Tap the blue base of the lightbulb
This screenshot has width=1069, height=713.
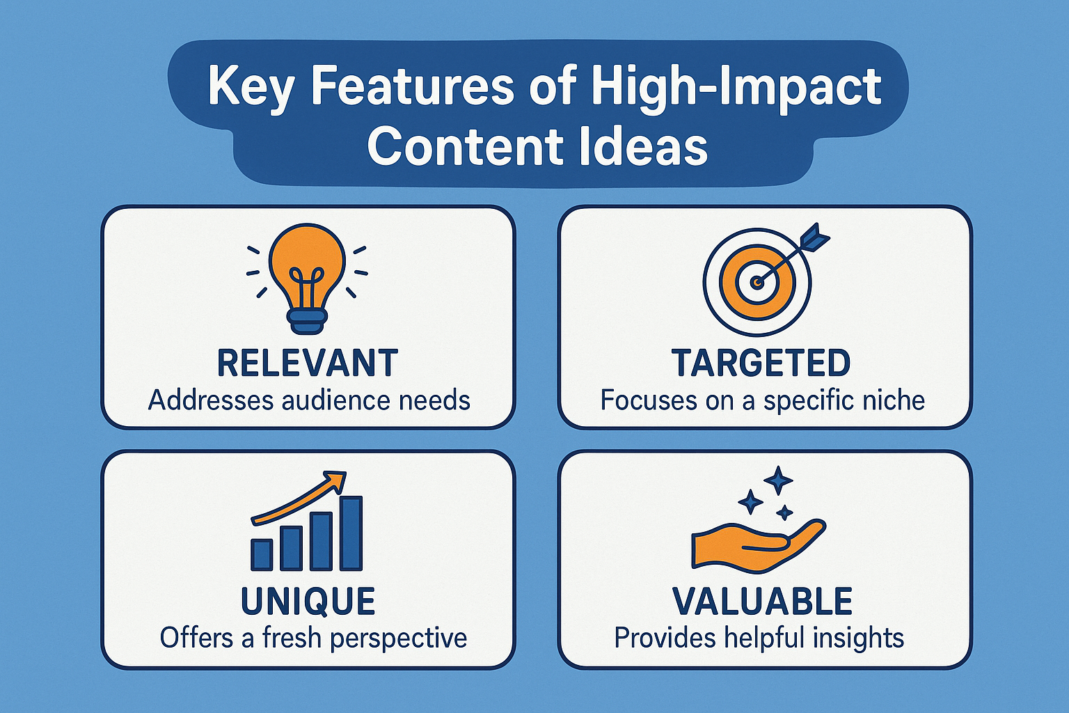coord(307,321)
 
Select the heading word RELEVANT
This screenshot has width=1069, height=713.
coord(308,363)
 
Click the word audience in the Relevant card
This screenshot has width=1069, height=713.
coord(337,400)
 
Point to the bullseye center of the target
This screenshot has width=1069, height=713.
coord(757,283)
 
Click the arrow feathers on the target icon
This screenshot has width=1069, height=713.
coord(816,237)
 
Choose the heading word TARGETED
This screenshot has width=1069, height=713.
coord(761,363)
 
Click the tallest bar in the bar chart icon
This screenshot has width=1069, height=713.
coord(351,533)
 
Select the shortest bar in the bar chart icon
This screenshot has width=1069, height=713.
coord(262,554)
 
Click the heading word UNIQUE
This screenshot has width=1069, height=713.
coord(308,602)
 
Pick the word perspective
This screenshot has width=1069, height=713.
coord(399,639)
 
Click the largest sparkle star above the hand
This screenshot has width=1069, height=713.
coord(778,480)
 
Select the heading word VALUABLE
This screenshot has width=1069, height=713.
coord(762,602)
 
